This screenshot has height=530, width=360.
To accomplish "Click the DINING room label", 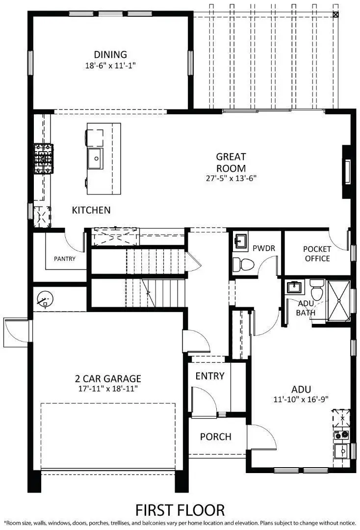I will pyautogui.click(x=110, y=54).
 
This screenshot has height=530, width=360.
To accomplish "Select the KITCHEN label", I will pyautogui.click(x=91, y=210).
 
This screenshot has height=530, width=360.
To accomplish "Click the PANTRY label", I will pyautogui.click(x=65, y=258).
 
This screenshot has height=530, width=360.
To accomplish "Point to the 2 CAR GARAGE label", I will pyautogui.click(x=108, y=378).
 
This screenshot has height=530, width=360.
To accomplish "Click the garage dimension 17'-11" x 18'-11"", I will pyautogui.click(x=108, y=389).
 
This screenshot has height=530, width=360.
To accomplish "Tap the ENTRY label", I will pyautogui.click(x=210, y=376).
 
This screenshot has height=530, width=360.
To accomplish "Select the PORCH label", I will pyautogui.click(x=216, y=436).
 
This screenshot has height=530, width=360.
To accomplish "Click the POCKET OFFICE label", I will pyautogui.click(x=317, y=253).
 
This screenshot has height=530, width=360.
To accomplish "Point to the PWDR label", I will pyautogui.click(x=263, y=248).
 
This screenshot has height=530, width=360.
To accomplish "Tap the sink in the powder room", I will pyautogui.click(x=241, y=241).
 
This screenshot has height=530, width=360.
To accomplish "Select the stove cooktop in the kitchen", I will pyautogui.click(x=44, y=159).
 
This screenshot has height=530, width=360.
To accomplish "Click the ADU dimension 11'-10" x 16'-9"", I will pyautogui.click(x=301, y=399).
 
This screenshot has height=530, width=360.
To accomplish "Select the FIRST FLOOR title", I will pyautogui.click(x=180, y=509).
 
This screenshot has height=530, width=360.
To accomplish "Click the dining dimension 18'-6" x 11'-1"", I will pyautogui.click(x=110, y=65).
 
